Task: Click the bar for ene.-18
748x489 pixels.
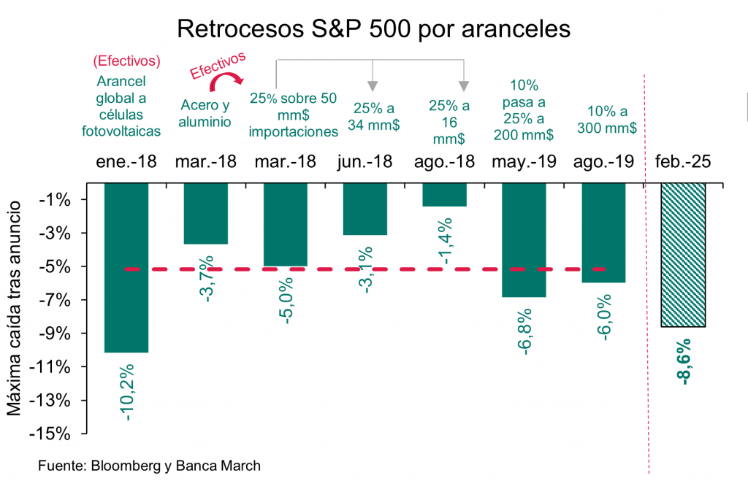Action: (126, 267)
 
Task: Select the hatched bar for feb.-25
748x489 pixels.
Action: (683, 255)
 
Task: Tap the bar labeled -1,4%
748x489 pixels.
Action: (444, 195)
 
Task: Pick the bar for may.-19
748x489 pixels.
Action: (524, 240)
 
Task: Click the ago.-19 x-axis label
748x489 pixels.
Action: (603, 161)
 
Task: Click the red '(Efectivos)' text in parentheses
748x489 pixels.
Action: (127, 61)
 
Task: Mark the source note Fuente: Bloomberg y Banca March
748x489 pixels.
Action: (149, 466)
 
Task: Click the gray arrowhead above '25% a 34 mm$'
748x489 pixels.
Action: (373, 85)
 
